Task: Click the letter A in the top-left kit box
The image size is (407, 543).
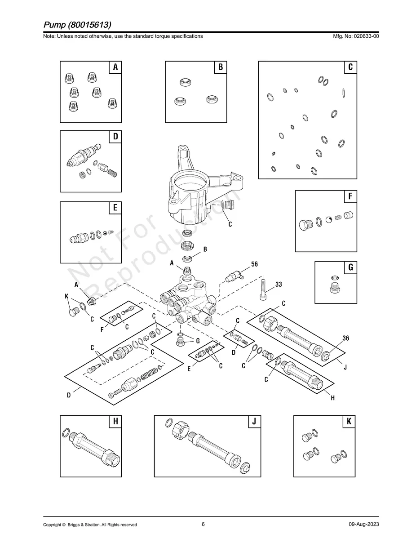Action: tap(115, 67)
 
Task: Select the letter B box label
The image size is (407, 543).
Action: tap(221, 67)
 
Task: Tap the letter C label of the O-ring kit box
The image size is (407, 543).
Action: tap(350, 67)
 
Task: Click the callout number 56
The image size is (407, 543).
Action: tap(254, 265)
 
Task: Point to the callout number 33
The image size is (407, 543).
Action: tap(279, 285)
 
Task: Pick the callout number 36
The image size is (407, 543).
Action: tap(346, 338)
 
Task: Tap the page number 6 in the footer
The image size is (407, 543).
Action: tap(203, 524)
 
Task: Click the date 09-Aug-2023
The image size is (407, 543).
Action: tap(363, 525)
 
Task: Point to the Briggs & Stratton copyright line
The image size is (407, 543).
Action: tap(90, 525)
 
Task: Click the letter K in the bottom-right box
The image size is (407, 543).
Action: tap(349, 422)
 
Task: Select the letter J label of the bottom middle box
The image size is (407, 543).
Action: tap(254, 422)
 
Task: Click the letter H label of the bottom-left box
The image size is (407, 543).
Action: tap(115, 422)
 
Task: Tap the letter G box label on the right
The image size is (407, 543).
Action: tap(350, 267)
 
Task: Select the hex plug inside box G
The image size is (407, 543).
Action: tap(335, 288)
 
